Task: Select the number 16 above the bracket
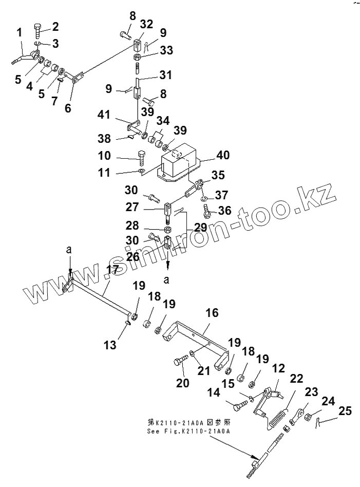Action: point(212,313)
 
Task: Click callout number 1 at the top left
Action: point(19,34)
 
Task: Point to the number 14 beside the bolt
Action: point(213,392)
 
